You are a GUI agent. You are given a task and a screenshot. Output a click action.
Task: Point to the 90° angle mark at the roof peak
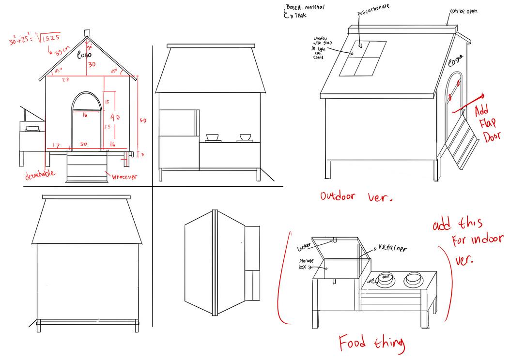pos(89,46)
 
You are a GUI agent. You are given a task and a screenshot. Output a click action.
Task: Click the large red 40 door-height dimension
pos(115,118)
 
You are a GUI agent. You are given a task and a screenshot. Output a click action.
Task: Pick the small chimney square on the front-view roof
pos(87,32)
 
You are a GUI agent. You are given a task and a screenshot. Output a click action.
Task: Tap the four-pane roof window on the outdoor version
pos(363,58)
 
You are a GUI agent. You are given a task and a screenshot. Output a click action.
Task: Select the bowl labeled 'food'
pos(386,278)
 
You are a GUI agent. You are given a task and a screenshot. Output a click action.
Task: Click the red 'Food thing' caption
pos(371,343)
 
